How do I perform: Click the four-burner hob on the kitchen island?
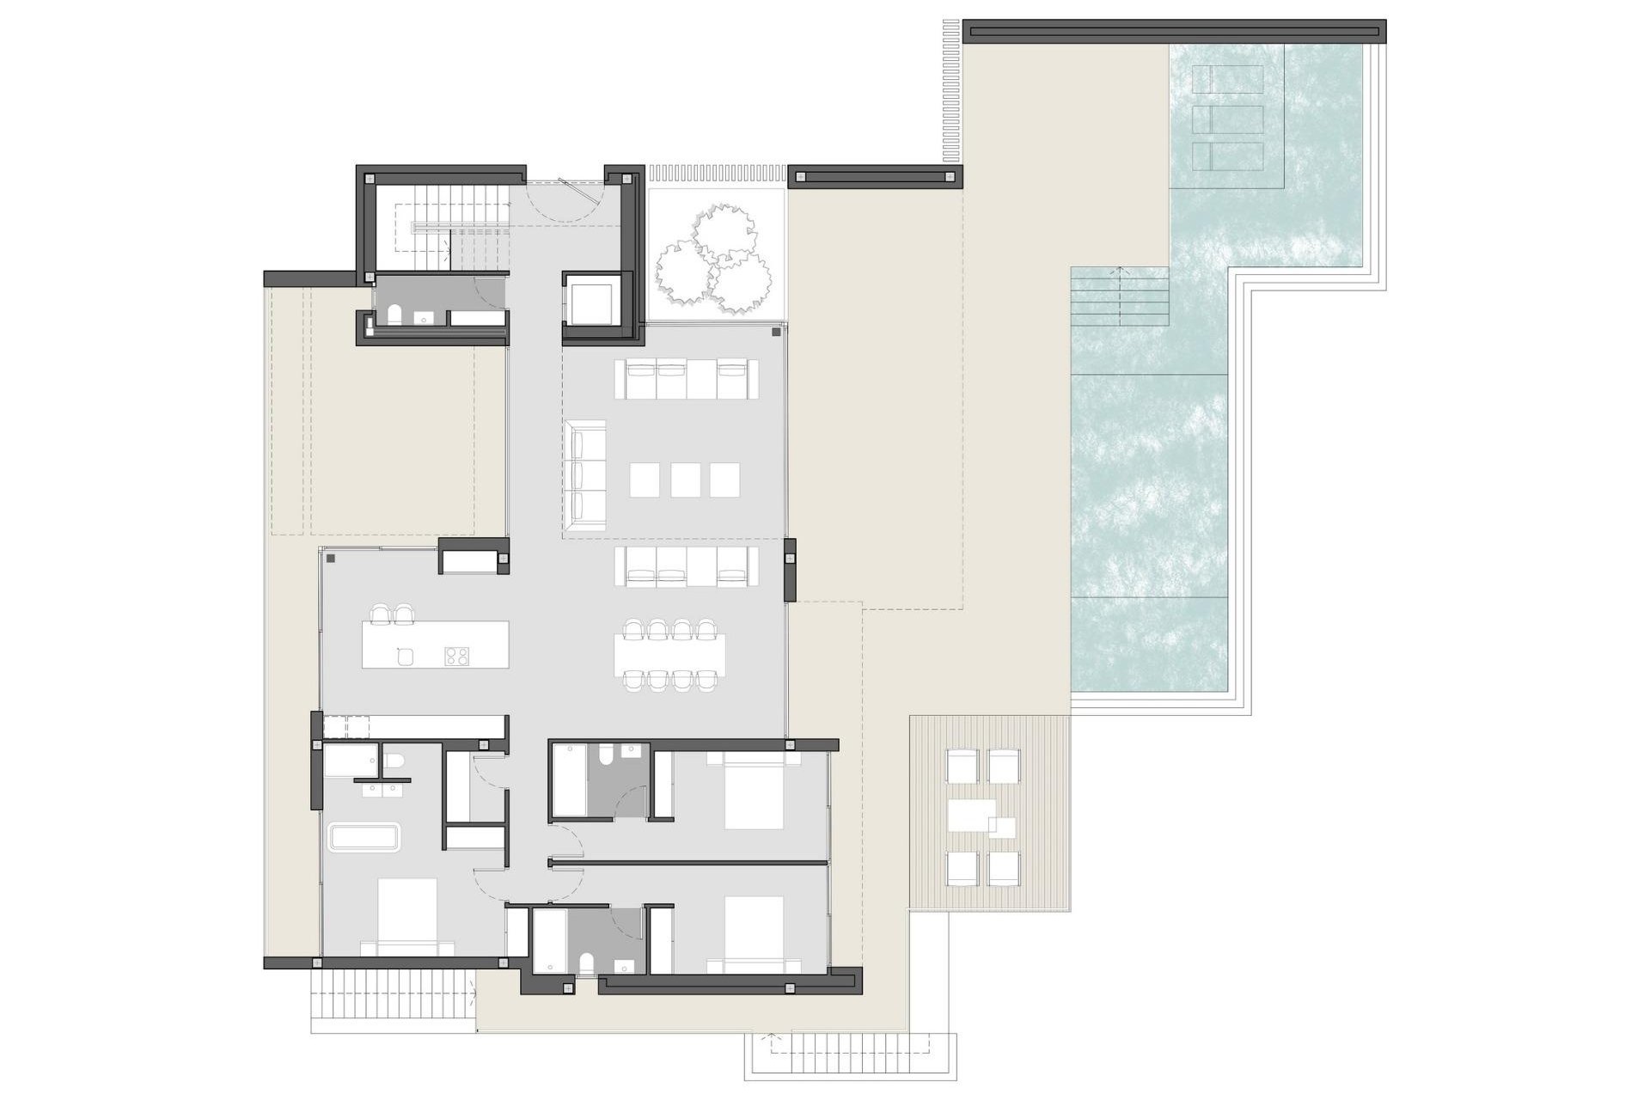tap(456, 656)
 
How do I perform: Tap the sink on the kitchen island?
tap(406, 657)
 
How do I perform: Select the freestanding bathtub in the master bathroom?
tap(364, 838)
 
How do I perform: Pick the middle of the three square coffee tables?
tap(685, 480)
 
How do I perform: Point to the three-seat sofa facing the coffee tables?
tap(586, 475)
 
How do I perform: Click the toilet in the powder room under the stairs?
tap(394, 315)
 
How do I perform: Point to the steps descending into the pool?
tap(1120, 296)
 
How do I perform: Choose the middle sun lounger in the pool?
tap(1228, 119)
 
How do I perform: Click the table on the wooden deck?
tap(972, 816)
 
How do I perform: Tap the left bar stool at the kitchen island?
tap(380, 614)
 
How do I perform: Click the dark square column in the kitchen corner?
tap(331, 559)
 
